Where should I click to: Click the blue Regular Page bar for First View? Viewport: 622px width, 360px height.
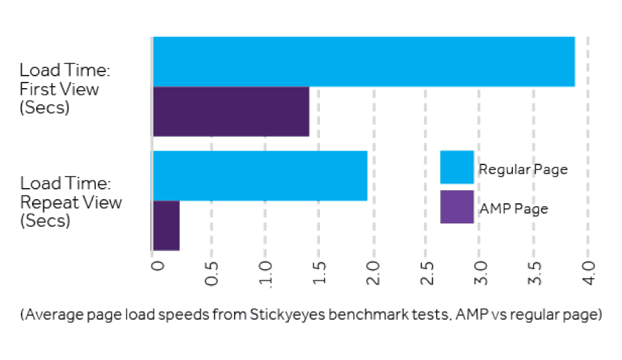tap(363, 62)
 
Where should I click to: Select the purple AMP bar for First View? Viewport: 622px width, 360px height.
tap(230, 112)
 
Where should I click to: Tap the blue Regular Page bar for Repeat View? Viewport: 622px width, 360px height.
tap(260, 175)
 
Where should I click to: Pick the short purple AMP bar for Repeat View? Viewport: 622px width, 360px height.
tap(166, 225)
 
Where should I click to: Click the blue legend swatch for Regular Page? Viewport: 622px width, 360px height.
tap(457, 167)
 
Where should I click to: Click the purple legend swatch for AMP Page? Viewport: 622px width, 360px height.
tap(457, 207)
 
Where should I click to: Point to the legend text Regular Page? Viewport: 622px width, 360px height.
tap(523, 169)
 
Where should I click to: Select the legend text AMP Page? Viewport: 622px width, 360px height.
tap(514, 209)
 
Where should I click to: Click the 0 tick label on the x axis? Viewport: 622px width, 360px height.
tap(157, 268)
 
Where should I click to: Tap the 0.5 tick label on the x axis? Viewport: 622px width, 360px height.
tap(212, 273)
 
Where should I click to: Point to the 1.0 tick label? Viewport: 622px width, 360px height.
tap(266, 273)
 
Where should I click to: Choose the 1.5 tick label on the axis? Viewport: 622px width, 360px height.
tap(320, 273)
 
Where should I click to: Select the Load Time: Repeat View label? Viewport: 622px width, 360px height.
tap(71, 203)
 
